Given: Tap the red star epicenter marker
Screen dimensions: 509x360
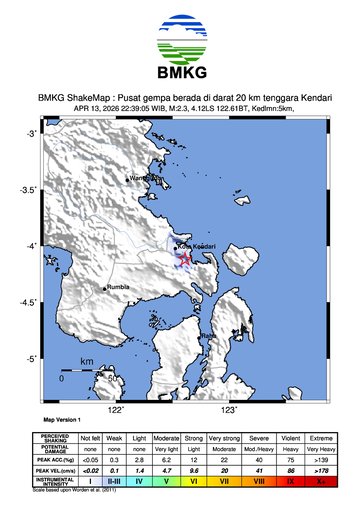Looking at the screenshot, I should pos(185,260).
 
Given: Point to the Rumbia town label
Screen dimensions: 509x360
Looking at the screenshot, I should pos(120,286).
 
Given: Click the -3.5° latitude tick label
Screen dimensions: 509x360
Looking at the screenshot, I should pos(31,189).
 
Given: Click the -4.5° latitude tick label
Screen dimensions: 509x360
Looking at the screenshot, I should pos(31,302).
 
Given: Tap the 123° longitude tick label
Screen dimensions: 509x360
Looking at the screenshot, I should pos(229,409).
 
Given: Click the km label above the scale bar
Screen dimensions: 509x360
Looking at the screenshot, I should pos(87,360).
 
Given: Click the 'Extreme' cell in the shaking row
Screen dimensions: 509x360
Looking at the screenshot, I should pos(320,438).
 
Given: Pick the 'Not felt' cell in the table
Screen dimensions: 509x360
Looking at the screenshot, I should pos(91,438).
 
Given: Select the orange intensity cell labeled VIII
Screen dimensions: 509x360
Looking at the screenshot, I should pos(258,481).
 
